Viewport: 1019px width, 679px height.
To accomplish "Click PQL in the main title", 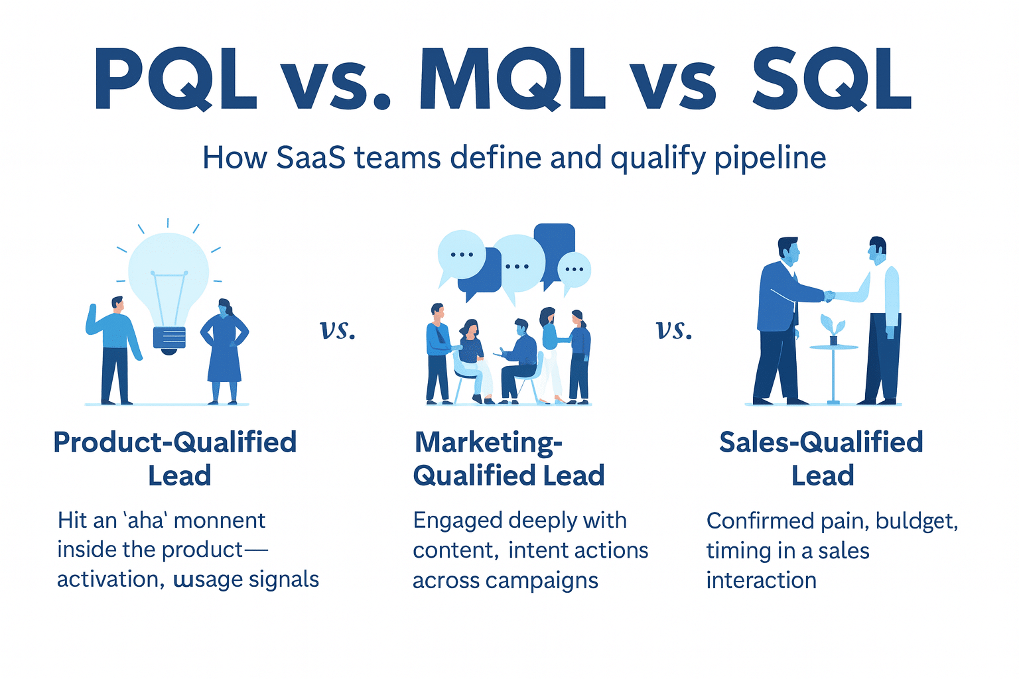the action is click(x=175, y=78).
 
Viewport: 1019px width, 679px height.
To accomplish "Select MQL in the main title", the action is click(x=512, y=78).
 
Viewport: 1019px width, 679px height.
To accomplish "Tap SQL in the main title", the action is click(x=831, y=78).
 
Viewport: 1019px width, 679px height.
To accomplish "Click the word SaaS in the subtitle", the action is click(x=310, y=158).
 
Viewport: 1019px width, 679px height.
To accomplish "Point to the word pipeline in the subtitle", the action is click(x=770, y=160).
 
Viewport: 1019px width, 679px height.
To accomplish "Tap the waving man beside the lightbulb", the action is click(x=114, y=350).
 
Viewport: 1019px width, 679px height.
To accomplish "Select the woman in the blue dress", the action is click(x=224, y=351).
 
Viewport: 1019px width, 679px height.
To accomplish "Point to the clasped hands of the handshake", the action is click(x=829, y=296).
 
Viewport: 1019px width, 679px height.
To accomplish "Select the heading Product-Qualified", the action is click(x=175, y=442).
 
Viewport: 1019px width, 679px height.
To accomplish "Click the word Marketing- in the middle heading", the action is click(x=488, y=442).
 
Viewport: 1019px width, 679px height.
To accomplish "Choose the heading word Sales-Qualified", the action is click(x=821, y=442).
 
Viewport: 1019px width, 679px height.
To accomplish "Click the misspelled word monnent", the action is click(x=220, y=521).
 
